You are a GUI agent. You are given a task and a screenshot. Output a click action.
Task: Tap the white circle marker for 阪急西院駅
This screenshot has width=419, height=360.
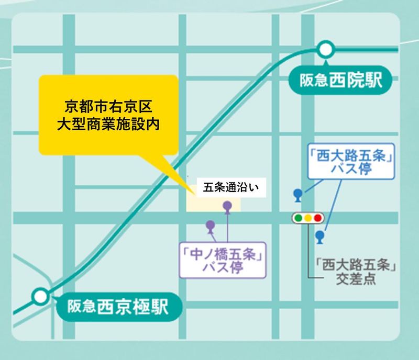(326, 50)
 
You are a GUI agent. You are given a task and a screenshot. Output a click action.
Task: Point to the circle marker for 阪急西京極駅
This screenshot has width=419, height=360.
(39, 296)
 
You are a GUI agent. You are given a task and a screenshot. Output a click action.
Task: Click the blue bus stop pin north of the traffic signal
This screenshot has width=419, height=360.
(298, 194)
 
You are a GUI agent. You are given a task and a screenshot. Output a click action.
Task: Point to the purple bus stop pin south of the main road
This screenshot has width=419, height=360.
(210, 226)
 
